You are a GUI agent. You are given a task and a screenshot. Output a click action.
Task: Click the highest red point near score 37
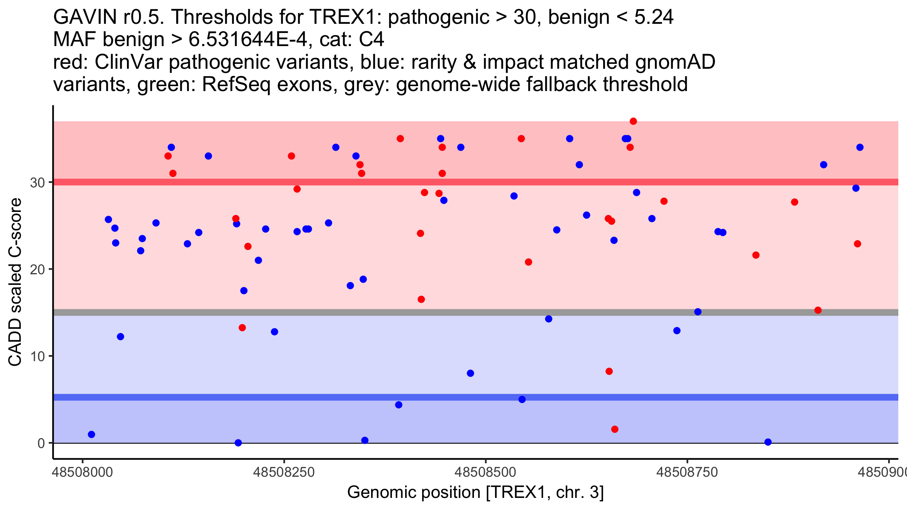[x=633, y=121]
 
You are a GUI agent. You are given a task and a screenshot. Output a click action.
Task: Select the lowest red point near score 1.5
[x=615, y=429]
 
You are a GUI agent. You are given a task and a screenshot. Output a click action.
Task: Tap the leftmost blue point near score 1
[x=91, y=434]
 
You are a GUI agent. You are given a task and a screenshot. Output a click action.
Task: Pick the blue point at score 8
[x=471, y=373]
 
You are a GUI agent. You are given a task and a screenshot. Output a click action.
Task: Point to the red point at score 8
[x=609, y=371]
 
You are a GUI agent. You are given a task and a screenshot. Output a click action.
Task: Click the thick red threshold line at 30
[x=476, y=182]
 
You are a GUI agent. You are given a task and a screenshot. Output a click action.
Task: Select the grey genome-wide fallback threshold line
[x=476, y=312]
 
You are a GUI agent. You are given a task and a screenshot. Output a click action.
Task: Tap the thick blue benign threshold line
[x=476, y=397]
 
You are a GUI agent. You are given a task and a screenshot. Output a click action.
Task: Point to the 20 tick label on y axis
[x=37, y=269]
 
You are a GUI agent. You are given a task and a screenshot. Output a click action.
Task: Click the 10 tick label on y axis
[x=37, y=356]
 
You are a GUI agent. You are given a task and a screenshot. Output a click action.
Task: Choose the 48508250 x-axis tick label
[x=284, y=472]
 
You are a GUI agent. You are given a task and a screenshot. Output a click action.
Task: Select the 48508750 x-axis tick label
[x=687, y=472]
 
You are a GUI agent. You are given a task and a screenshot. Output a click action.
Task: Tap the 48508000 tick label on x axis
[x=82, y=472]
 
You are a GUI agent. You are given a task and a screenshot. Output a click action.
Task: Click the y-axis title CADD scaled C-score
[x=15, y=282]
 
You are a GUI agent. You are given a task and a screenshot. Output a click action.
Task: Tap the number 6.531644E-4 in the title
[x=248, y=39]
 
